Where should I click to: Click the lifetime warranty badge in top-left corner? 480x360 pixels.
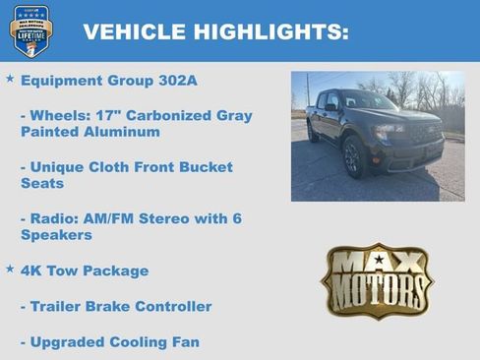pyautogui.click(x=30, y=30)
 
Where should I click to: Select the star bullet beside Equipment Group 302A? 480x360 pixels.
pyautogui.click(x=10, y=78)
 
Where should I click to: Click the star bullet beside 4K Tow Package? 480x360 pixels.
pyautogui.click(x=10, y=269)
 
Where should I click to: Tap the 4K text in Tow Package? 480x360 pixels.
pyautogui.click(x=31, y=270)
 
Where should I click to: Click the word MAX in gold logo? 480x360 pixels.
pyautogui.click(x=378, y=263)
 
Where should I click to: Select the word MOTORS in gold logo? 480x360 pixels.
pyautogui.click(x=378, y=292)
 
